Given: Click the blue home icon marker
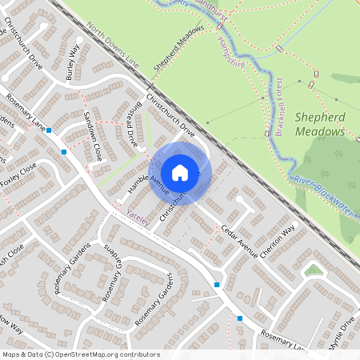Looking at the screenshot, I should click(x=180, y=172).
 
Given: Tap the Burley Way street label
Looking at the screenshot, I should click(x=74, y=58).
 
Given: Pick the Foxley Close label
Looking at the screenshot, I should click(x=18, y=175).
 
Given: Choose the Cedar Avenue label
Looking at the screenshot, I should click(x=240, y=242).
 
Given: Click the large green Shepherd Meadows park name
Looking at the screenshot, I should click(x=320, y=124).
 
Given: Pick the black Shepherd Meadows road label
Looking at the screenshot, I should click(x=179, y=50).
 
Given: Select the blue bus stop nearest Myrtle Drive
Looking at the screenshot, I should click(x=240, y=319).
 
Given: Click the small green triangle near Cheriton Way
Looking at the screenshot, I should click(x=314, y=270).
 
